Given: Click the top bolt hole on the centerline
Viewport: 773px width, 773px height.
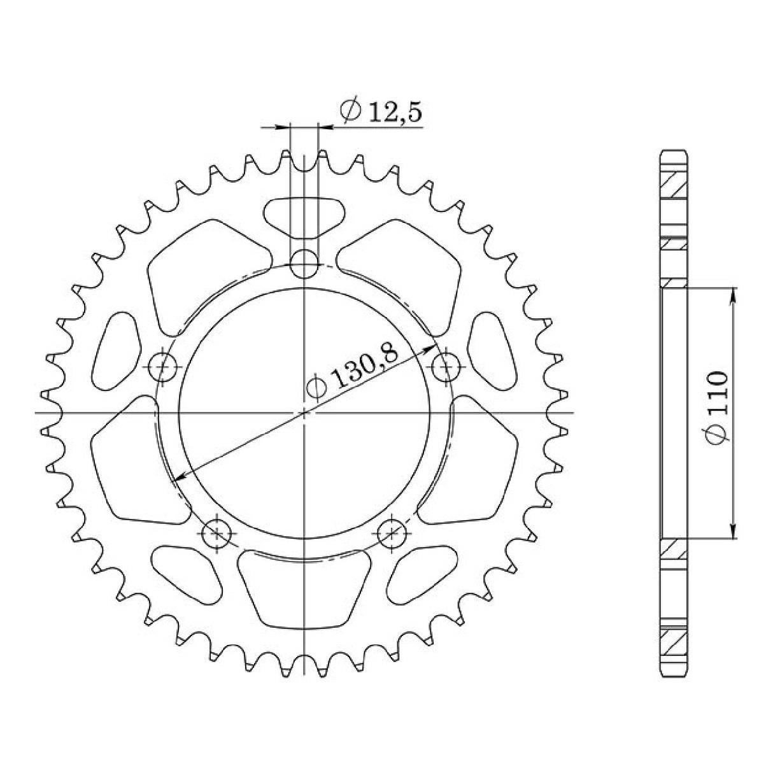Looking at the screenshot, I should (x=304, y=263).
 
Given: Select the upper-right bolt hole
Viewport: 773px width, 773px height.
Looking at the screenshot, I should (x=446, y=366).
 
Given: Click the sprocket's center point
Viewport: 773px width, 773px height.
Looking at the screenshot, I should (x=305, y=413).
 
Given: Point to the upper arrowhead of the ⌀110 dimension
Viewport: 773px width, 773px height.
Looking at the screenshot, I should (x=734, y=294).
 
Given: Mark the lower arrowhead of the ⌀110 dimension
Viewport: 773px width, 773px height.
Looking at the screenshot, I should (x=734, y=534).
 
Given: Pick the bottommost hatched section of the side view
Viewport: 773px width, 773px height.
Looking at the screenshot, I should (x=674, y=643).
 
